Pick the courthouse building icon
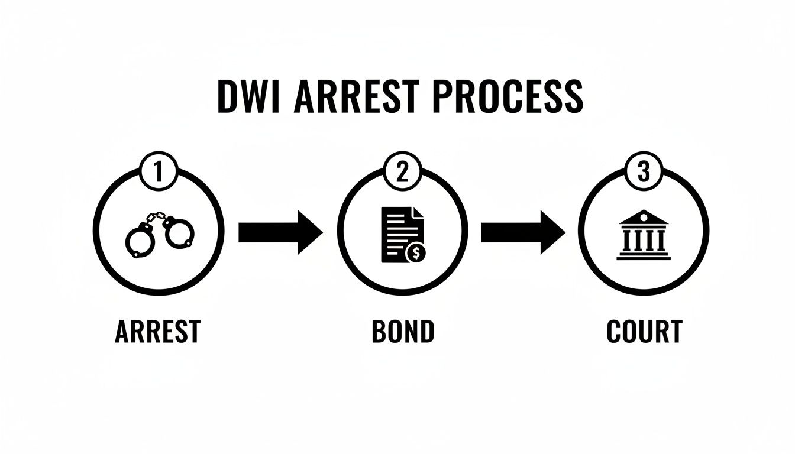644,235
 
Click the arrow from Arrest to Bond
280,232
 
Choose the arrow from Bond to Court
523,232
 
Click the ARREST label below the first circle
157,332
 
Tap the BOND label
403,332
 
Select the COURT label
644,332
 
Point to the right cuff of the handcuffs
179,232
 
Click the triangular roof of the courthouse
644,218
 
